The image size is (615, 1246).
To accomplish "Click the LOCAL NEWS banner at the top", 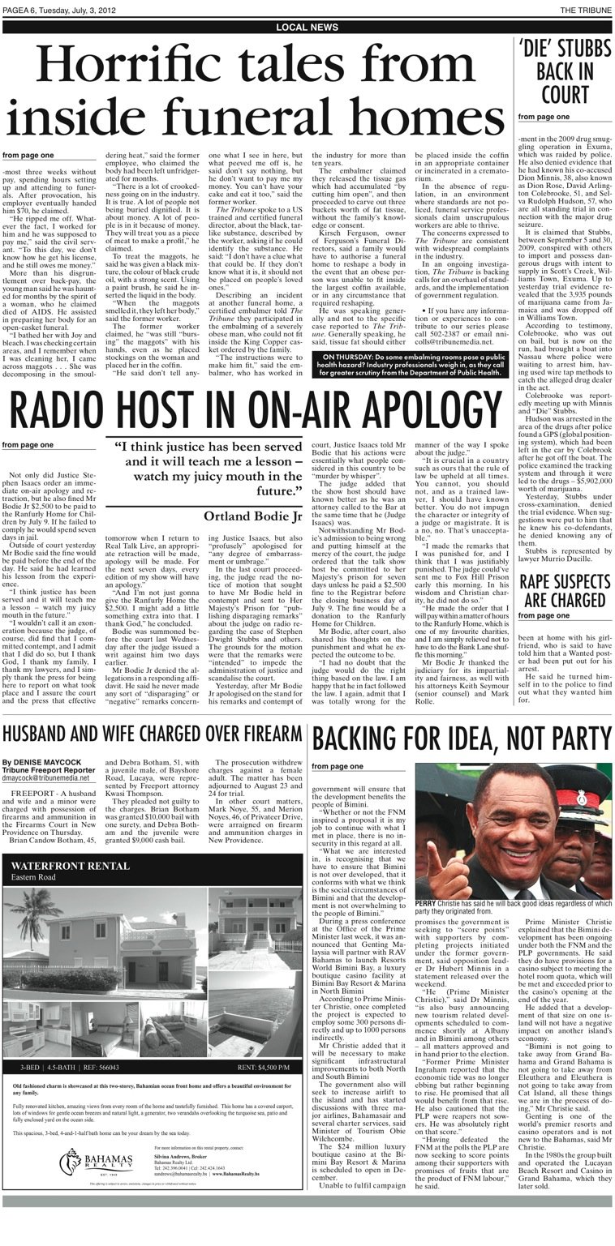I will click(307, 28).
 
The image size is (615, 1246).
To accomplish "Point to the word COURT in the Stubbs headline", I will click(565, 95).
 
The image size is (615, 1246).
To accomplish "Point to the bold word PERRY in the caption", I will click(425, 903).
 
